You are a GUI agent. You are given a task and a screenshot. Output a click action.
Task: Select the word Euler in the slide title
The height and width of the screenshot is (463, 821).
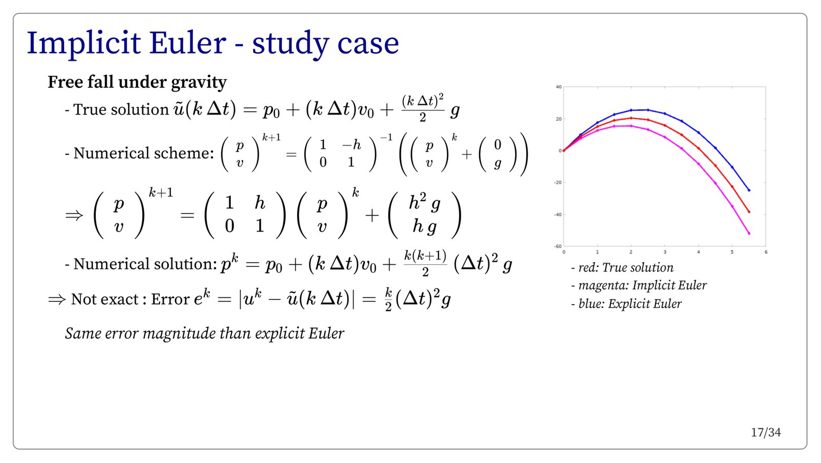coord(187,43)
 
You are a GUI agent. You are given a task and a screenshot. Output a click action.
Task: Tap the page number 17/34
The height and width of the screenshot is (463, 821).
coord(766,433)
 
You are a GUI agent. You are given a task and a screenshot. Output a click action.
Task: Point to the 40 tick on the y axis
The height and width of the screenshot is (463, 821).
coord(559,87)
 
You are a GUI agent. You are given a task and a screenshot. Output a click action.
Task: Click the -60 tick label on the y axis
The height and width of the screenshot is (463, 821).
coord(558,246)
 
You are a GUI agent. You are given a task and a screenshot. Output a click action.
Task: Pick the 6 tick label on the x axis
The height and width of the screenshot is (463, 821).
coord(766,252)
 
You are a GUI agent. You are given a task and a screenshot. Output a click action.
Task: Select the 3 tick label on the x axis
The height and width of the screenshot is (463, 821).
coord(665,252)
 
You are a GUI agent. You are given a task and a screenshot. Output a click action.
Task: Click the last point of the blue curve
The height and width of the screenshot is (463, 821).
coord(749,190)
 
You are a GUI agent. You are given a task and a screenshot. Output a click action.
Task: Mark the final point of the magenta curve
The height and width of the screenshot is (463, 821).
coord(749,233)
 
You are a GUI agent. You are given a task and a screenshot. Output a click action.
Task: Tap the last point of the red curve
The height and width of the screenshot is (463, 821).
coord(749,212)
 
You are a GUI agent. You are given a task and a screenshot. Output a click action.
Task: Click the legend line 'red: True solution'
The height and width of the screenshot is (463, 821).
coord(622,267)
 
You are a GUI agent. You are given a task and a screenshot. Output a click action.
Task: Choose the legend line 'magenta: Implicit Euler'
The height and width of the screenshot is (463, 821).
coord(639,285)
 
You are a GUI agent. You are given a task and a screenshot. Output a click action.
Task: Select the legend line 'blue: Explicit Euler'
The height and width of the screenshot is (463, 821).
coord(627,303)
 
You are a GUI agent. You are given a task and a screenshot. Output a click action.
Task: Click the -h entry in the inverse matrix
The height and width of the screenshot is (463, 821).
coord(351,145)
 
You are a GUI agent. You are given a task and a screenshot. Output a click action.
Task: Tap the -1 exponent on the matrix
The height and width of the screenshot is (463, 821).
coord(386,138)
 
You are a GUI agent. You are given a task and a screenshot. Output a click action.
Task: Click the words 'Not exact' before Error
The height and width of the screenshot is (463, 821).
coord(105,299)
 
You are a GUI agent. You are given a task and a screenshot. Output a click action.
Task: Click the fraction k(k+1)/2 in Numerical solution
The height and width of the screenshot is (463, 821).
coord(425,263)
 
